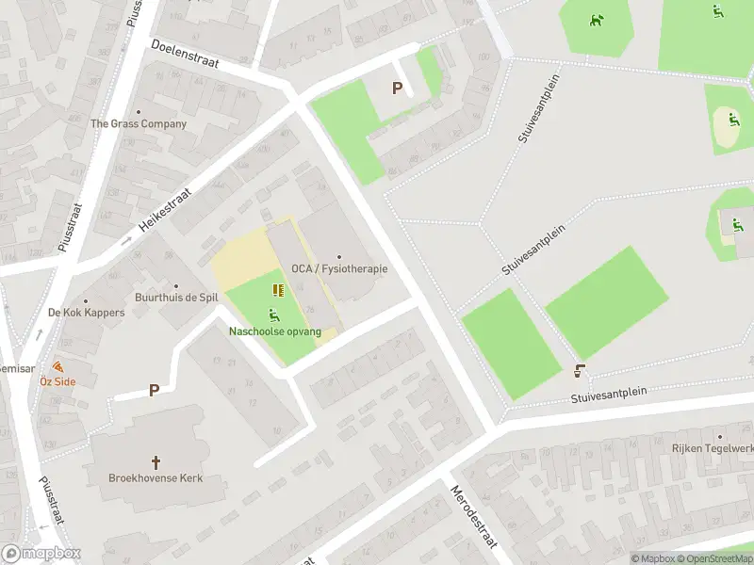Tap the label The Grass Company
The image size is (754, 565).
click(139, 123)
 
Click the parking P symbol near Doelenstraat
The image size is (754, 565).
click(398, 89)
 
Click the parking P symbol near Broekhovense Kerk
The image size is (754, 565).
click(154, 390)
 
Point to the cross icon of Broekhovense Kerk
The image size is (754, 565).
click(156, 462)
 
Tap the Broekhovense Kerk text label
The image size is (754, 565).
click(156, 478)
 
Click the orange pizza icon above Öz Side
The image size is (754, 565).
click(58, 366)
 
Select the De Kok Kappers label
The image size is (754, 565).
click(87, 312)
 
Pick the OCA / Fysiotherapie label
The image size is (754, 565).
click(339, 268)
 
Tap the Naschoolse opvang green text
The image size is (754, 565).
click(275, 331)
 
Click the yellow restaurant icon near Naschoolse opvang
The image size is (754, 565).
click(277, 290)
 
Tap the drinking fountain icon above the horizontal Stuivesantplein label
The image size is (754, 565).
click(580, 372)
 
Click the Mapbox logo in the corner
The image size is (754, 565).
click(41, 554)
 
